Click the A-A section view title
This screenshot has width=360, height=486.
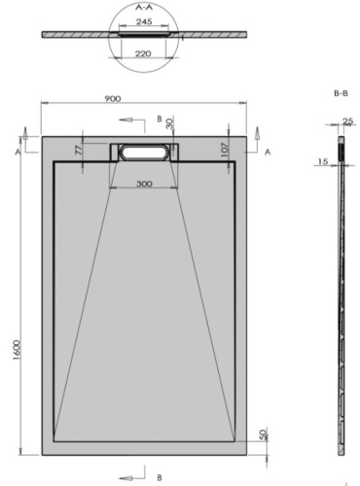click(144, 5)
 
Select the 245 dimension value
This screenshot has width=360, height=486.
click(144, 19)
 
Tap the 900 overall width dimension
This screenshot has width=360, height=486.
click(143, 97)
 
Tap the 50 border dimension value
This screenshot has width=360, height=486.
click(236, 434)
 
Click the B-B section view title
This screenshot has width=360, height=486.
click(341, 94)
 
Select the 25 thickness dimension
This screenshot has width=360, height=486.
click(347, 121)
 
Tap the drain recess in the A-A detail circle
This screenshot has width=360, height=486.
click(144, 31)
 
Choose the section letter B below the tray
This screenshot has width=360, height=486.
click(159, 477)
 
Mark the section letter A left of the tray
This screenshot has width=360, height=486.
click(19, 153)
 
